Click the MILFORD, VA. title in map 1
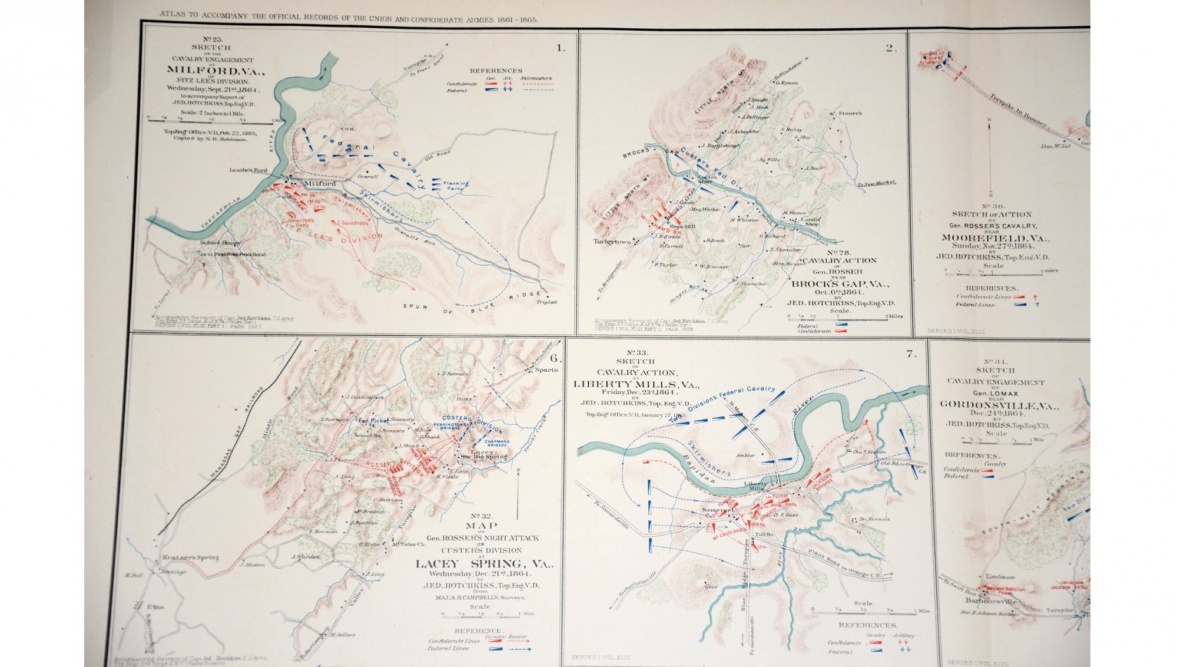pos(211,70)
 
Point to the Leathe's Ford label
pos(248,170)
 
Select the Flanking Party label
pos(456,186)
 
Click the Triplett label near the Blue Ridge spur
pos(546,302)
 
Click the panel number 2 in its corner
pos(890,48)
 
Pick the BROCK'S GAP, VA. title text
pos(839,283)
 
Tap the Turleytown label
pos(612,242)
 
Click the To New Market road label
pos(876,184)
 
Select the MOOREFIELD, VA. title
pos(994,238)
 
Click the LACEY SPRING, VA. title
pos(484,564)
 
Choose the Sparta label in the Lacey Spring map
pos(546,370)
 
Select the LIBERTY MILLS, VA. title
pos(636,384)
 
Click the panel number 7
pos(911,354)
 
